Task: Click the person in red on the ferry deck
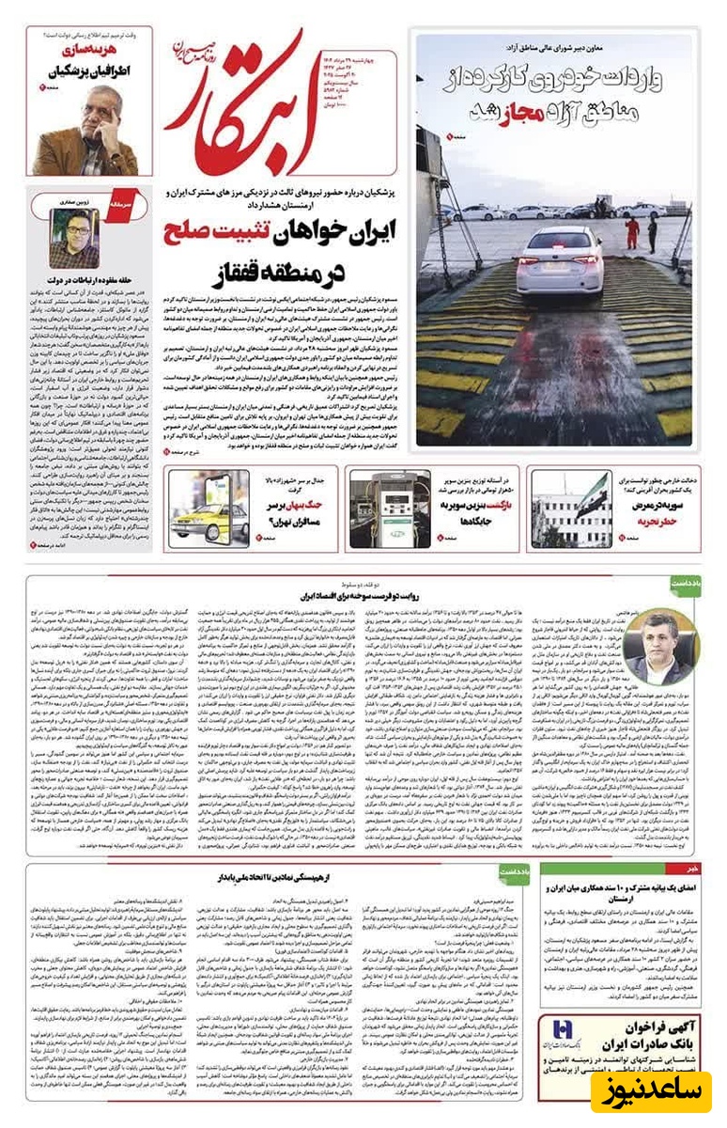tap(633, 227)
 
